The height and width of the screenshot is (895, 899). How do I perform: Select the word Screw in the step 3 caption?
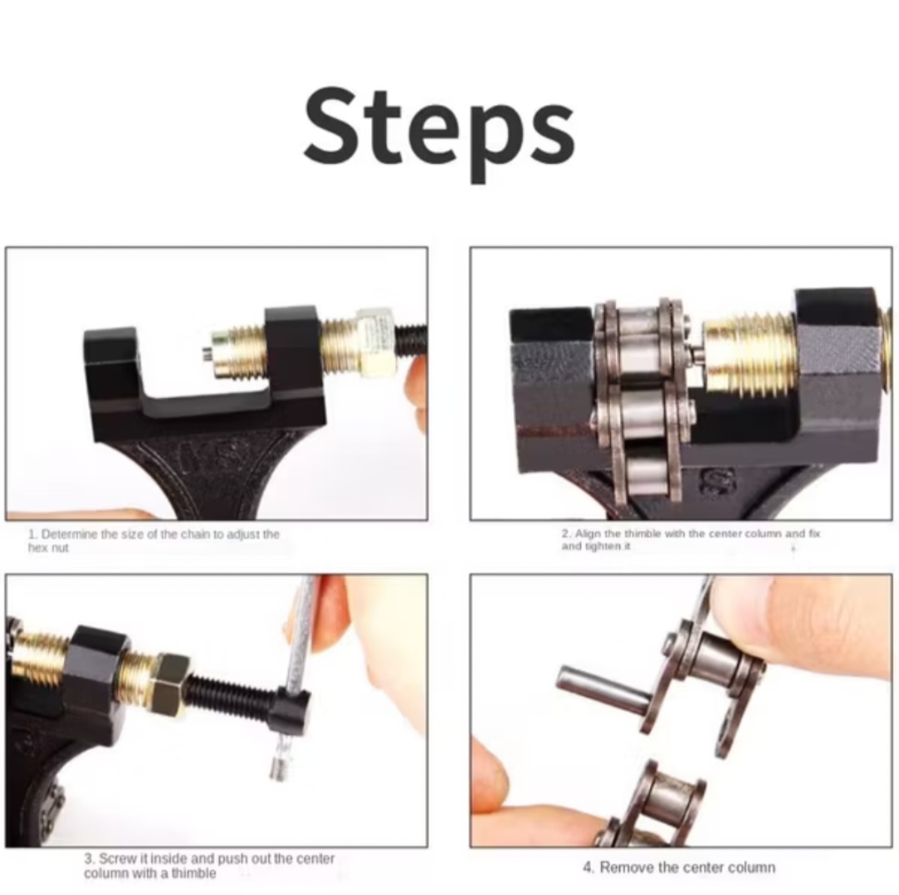tap(116, 858)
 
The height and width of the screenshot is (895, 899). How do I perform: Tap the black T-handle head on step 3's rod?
tap(291, 710)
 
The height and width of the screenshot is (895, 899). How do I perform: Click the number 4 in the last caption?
tap(587, 868)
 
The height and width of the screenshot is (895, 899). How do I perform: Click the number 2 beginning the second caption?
tap(565, 534)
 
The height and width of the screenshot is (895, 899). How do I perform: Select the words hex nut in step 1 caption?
tap(48, 548)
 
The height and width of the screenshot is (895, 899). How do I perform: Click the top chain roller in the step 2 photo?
tap(640, 340)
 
